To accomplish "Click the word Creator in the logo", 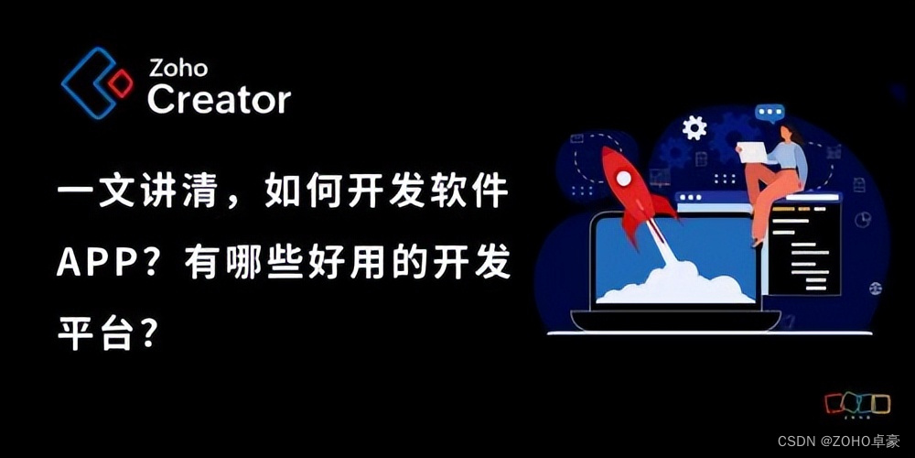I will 219,98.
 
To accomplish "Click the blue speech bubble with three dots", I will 770,114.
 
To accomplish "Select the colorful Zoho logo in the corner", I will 857,404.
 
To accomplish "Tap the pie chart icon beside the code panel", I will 862,220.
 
